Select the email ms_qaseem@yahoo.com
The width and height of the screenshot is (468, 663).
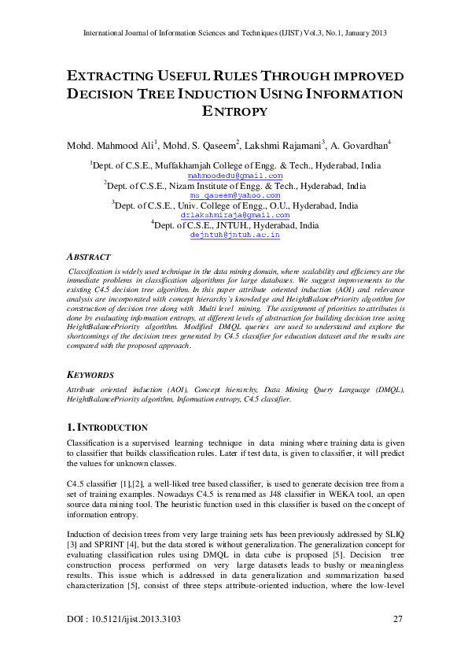pyautogui.click(x=235, y=195)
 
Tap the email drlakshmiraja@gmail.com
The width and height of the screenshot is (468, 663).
pyautogui.click(x=235, y=215)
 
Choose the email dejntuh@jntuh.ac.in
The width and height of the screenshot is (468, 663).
pyautogui.click(x=235, y=235)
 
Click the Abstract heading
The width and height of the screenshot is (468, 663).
pyautogui.click(x=88, y=257)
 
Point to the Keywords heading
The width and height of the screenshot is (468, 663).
pyautogui.click(x=90, y=376)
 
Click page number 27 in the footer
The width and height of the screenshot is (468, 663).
pyautogui.click(x=397, y=620)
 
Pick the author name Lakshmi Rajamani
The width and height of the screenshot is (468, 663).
pyautogui.click(x=282, y=145)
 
